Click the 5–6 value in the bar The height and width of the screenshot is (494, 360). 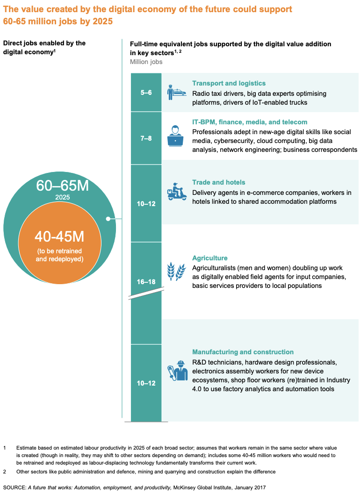pyautogui.click(x=146, y=93)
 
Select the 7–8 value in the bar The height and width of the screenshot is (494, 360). pyautogui.click(x=146, y=138)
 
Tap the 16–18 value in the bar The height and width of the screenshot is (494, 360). pyautogui.click(x=146, y=282)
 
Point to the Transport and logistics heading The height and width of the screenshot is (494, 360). pyautogui.click(x=229, y=83)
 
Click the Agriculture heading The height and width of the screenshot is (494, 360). pyautogui.click(x=209, y=258)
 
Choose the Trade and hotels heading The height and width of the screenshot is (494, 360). pyautogui.click(x=218, y=182)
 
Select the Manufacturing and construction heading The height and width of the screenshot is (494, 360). pyautogui.click(x=243, y=352)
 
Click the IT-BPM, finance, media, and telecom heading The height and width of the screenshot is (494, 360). pyautogui.click(x=250, y=122)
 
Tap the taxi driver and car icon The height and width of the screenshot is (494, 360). pyautogui.click(x=177, y=93)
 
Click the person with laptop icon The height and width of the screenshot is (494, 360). pyautogui.click(x=175, y=136)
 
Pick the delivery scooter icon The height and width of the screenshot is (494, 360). pyautogui.click(x=177, y=192)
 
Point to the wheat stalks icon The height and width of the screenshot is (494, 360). pyautogui.click(x=176, y=271)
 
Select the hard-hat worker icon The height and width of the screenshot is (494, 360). pyautogui.click(x=178, y=371)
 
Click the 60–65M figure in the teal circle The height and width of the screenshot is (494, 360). pyautogui.click(x=63, y=186)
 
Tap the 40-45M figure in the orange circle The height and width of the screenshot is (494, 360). pyautogui.click(x=59, y=236)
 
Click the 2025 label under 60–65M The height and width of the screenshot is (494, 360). pyautogui.click(x=63, y=197)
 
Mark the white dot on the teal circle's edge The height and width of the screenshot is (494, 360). pyautogui.click(x=108, y=219)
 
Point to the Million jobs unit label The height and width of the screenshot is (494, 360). pyautogui.click(x=146, y=62)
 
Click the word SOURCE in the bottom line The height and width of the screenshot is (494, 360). pyautogui.click(x=14, y=487)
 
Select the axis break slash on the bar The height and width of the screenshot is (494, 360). pyautogui.click(x=146, y=293)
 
